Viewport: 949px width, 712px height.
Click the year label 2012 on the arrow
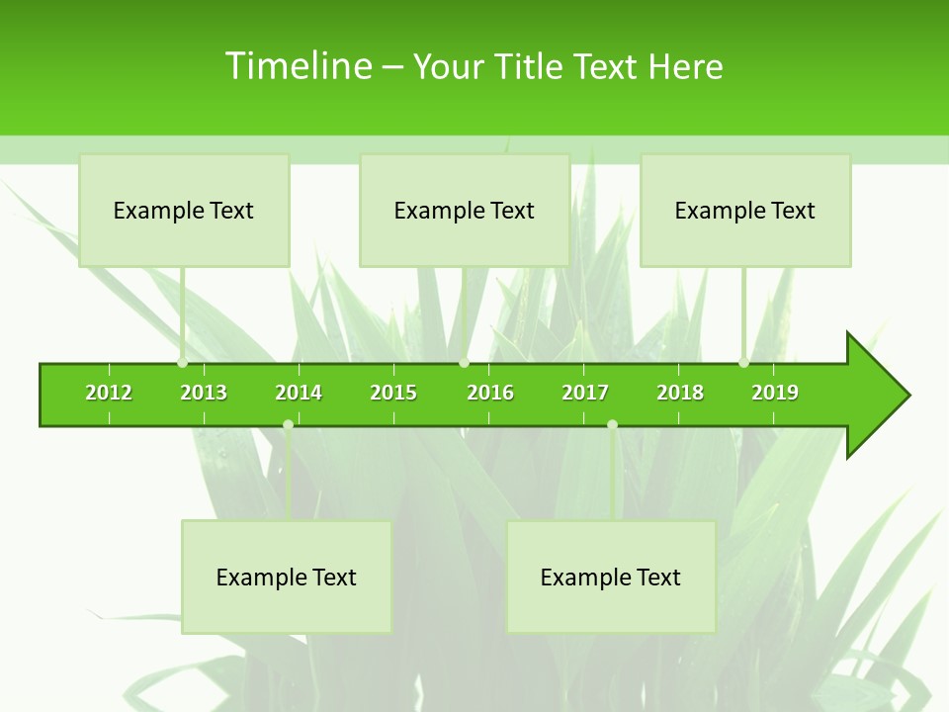(x=109, y=393)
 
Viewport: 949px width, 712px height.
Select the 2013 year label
(x=204, y=393)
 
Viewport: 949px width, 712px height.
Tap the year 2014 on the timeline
(x=299, y=393)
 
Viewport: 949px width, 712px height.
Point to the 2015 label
(x=393, y=393)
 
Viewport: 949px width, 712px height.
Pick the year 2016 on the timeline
(x=490, y=393)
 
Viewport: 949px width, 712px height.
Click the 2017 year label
(x=585, y=393)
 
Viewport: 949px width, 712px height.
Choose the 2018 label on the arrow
(x=680, y=393)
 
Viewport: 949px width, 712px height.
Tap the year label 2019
(x=775, y=393)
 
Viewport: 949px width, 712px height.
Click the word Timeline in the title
(x=298, y=66)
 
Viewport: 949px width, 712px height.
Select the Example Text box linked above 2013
(x=184, y=210)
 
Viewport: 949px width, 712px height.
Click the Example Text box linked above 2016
(x=465, y=210)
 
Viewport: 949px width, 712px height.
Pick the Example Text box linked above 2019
(x=745, y=210)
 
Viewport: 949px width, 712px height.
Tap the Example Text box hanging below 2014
(x=287, y=577)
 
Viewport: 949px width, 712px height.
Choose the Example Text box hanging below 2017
(x=611, y=577)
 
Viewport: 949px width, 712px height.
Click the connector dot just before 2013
(x=183, y=363)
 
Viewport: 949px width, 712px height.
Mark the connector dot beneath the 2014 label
(x=288, y=424)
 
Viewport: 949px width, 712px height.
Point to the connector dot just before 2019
(x=744, y=363)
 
